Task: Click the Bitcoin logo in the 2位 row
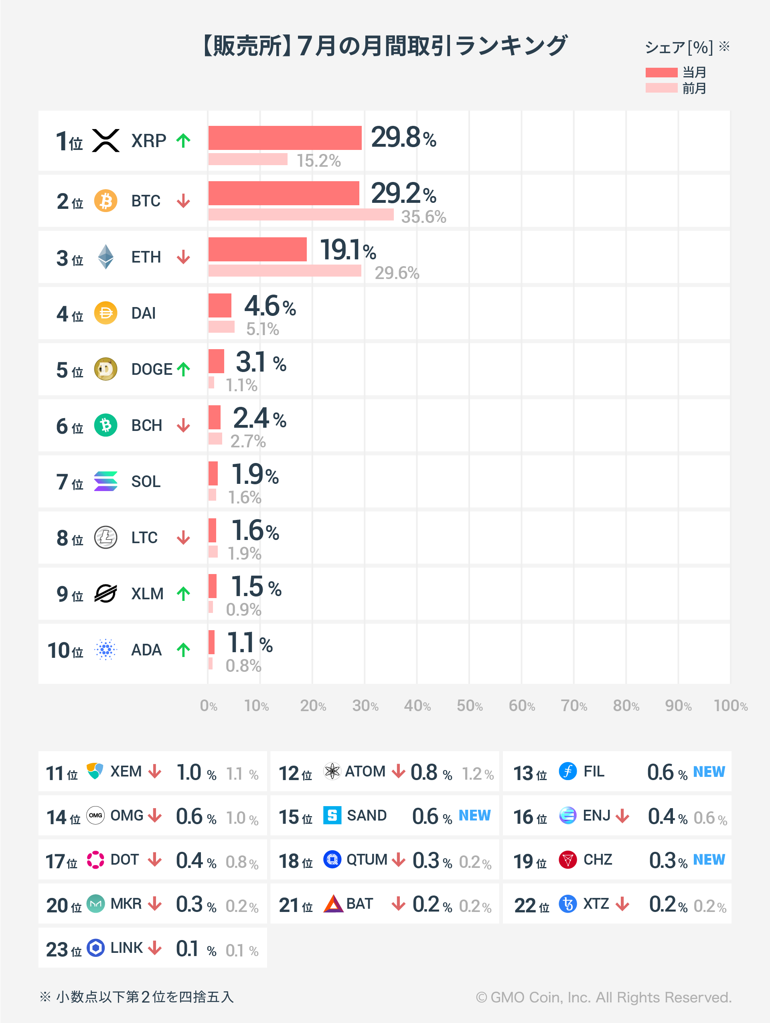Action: click(x=105, y=201)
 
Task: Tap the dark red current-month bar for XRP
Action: click(x=285, y=138)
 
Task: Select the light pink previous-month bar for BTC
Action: click(x=301, y=214)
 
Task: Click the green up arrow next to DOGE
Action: click(x=184, y=369)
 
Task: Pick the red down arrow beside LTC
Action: click(x=184, y=538)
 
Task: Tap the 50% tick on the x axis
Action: click(x=469, y=706)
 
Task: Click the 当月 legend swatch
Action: click(x=661, y=73)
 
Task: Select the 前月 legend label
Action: click(x=694, y=88)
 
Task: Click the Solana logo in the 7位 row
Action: click(x=105, y=481)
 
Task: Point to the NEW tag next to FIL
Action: click(x=709, y=771)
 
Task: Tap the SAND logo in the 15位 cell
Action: click(x=332, y=815)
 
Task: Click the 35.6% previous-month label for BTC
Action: click(x=423, y=217)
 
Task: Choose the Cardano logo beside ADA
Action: click(x=105, y=650)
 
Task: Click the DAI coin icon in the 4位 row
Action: click(x=105, y=313)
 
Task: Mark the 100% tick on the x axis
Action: click(x=730, y=706)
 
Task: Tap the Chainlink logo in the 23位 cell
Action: click(x=96, y=948)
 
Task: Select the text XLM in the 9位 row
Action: click(x=147, y=594)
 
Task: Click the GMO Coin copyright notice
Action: click(x=604, y=997)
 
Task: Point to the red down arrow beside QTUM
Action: click(x=398, y=860)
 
